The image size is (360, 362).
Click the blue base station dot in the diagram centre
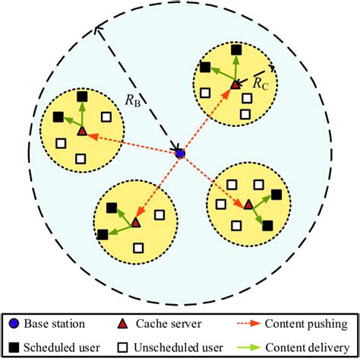point(180,154)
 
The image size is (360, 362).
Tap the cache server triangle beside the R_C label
point(235,84)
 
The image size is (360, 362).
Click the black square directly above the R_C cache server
point(235,50)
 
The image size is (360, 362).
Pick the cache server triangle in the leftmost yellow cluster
point(82,131)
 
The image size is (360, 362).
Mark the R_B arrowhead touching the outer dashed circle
point(96,30)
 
